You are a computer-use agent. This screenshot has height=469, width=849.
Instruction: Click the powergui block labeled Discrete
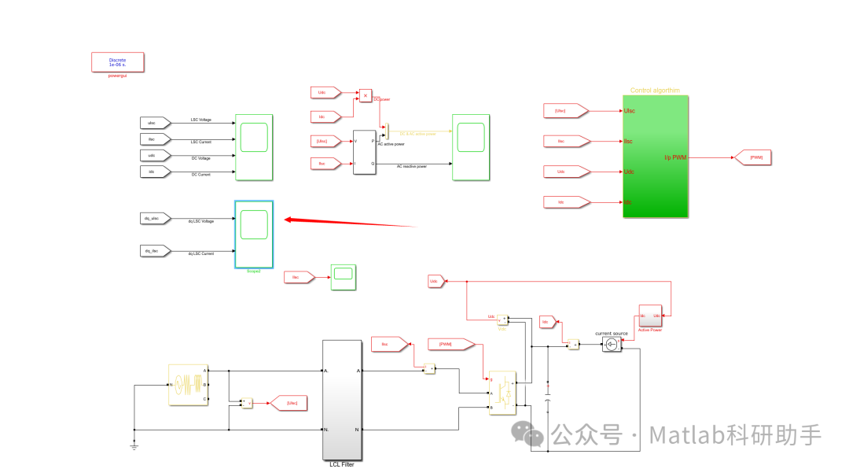click(117, 62)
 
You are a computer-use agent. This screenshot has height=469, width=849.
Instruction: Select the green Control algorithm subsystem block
click(655, 157)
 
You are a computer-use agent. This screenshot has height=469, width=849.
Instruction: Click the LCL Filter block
click(344, 399)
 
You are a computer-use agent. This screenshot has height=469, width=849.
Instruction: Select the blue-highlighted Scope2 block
click(254, 234)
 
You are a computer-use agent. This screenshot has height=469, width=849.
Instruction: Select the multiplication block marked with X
click(366, 95)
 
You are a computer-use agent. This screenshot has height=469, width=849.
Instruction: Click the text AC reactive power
click(412, 167)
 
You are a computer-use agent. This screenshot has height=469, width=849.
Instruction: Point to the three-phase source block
click(188, 385)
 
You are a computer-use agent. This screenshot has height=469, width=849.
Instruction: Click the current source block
click(612, 345)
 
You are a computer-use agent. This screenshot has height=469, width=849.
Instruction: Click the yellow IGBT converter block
click(502, 391)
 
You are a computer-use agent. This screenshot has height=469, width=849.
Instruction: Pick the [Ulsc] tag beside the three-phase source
click(289, 403)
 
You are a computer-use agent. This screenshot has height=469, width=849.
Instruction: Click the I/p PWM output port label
click(675, 157)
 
